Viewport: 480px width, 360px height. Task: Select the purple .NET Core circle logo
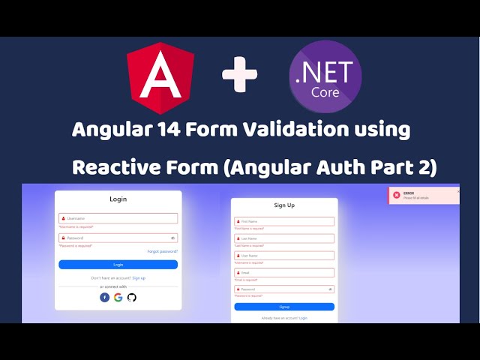click(325, 76)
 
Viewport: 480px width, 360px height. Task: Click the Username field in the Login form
click(118, 218)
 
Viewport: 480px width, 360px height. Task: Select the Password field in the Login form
click(118, 238)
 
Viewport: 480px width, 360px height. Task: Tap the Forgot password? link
click(162, 251)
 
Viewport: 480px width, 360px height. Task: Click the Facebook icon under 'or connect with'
click(105, 297)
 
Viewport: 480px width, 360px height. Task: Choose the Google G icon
click(118, 297)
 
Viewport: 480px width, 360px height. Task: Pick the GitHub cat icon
click(132, 297)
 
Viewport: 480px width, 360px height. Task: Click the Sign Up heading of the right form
click(284, 205)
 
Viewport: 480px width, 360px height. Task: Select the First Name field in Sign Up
click(284, 221)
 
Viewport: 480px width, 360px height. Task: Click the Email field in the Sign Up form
click(284, 272)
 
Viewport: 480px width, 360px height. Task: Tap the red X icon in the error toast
click(396, 195)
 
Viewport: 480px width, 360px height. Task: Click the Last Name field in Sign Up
click(284, 238)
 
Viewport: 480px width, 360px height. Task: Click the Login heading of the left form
click(118, 199)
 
